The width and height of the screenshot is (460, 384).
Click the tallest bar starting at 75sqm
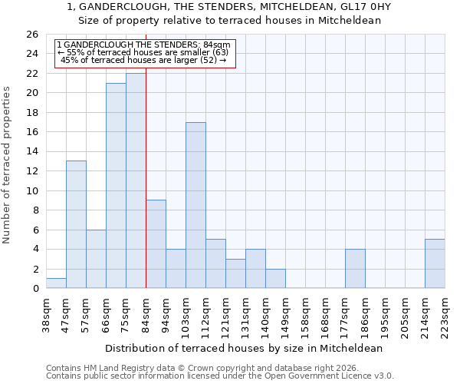[136, 181]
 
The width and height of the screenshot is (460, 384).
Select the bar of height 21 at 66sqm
[116, 186]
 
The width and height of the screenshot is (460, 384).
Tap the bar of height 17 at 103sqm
[195, 205]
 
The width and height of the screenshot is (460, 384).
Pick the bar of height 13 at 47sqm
[76, 224]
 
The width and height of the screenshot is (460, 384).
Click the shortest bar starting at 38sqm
[56, 283]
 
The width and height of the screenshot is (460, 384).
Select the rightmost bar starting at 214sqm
[435, 263]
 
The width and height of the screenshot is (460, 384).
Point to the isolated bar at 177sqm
[355, 269]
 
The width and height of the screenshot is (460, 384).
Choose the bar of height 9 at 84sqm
[156, 244]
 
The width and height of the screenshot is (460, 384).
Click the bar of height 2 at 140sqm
[275, 279]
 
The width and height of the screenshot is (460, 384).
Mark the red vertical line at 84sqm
[146, 177]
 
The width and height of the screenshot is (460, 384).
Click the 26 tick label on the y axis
[31, 35]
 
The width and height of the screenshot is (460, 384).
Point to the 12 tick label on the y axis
[31, 171]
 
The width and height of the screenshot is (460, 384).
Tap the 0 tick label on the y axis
[34, 289]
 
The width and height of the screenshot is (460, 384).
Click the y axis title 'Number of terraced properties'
[7, 165]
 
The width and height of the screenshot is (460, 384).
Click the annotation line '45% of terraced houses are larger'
[143, 60]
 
